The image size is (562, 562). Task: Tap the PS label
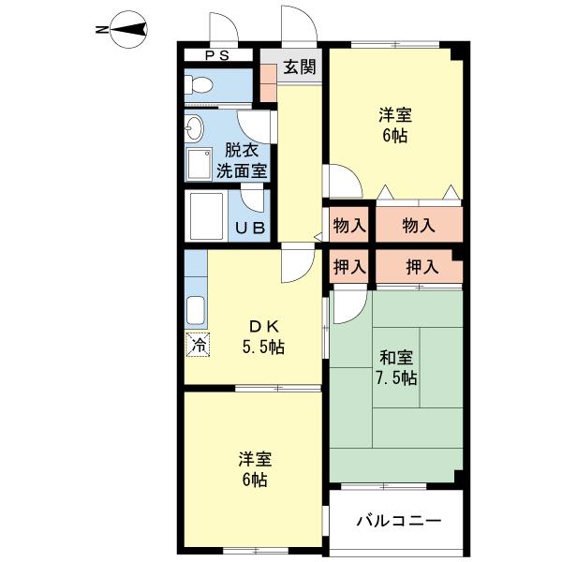217,55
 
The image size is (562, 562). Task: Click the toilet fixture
199,85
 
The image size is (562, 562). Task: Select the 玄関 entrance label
300,67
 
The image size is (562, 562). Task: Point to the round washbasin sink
194,127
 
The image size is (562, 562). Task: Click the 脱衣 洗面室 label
242,160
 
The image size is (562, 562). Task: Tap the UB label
250,228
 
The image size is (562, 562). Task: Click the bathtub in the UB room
206,215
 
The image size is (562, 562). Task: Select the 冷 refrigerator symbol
198,345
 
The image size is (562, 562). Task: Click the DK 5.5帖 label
263,336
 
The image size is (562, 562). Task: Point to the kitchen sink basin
196,310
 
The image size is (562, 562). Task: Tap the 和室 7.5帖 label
396,367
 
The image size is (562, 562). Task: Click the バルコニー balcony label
399,521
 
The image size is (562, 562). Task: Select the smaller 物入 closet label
349,226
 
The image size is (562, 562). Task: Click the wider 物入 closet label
419,226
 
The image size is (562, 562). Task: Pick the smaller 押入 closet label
349,267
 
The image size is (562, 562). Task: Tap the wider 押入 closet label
422,267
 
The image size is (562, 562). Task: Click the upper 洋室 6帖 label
395,126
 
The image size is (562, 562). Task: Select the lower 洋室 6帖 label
255,470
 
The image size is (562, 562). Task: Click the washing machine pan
200,164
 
